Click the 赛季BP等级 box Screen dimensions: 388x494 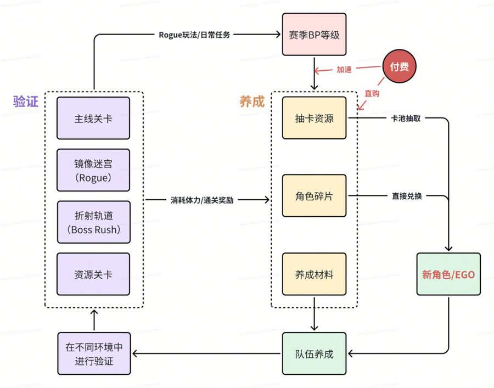tap(314, 35)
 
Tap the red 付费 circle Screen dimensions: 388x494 tap(399, 67)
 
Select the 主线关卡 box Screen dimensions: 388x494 tap(93, 118)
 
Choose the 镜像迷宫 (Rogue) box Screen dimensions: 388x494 tap(93, 170)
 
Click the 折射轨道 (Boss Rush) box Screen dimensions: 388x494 tap(93, 222)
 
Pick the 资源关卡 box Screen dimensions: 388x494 tap(93, 274)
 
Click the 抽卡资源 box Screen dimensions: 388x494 tap(314, 118)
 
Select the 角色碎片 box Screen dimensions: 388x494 tap(314, 196)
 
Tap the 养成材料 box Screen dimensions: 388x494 tap(314, 274)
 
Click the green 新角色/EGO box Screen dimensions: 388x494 tap(448, 274)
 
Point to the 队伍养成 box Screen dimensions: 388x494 tap(314, 353)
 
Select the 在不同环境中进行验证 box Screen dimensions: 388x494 tap(93, 353)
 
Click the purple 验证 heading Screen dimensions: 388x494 tap(26, 101)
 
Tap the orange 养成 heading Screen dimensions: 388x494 tap(252, 101)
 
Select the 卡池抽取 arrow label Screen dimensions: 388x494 tap(406, 118)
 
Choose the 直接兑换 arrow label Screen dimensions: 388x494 tap(407, 196)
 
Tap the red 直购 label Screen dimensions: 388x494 tap(372, 93)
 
